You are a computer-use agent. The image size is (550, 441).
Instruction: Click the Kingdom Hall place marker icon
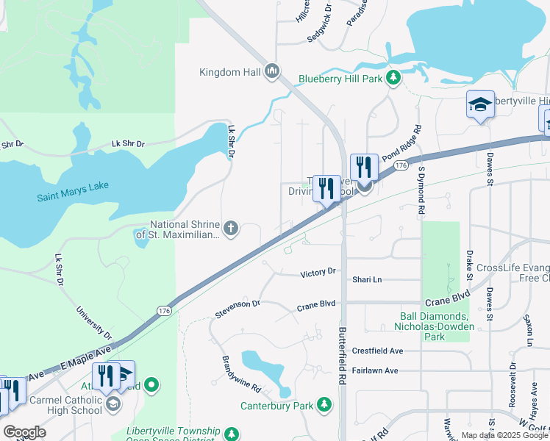(x=272, y=71)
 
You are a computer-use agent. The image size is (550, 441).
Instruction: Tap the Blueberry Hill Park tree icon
(x=394, y=77)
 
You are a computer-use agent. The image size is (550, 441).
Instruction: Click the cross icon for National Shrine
(x=231, y=229)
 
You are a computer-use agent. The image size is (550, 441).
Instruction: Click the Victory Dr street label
(x=318, y=273)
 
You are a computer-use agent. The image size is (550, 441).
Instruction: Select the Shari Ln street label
(x=367, y=279)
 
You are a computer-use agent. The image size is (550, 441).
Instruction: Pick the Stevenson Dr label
(x=238, y=308)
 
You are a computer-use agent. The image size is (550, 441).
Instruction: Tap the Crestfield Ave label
(x=377, y=351)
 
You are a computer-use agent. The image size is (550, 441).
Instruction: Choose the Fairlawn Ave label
(x=374, y=370)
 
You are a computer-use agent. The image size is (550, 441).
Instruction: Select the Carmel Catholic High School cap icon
(x=113, y=403)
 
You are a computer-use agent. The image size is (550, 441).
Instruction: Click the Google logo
(x=24, y=432)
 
